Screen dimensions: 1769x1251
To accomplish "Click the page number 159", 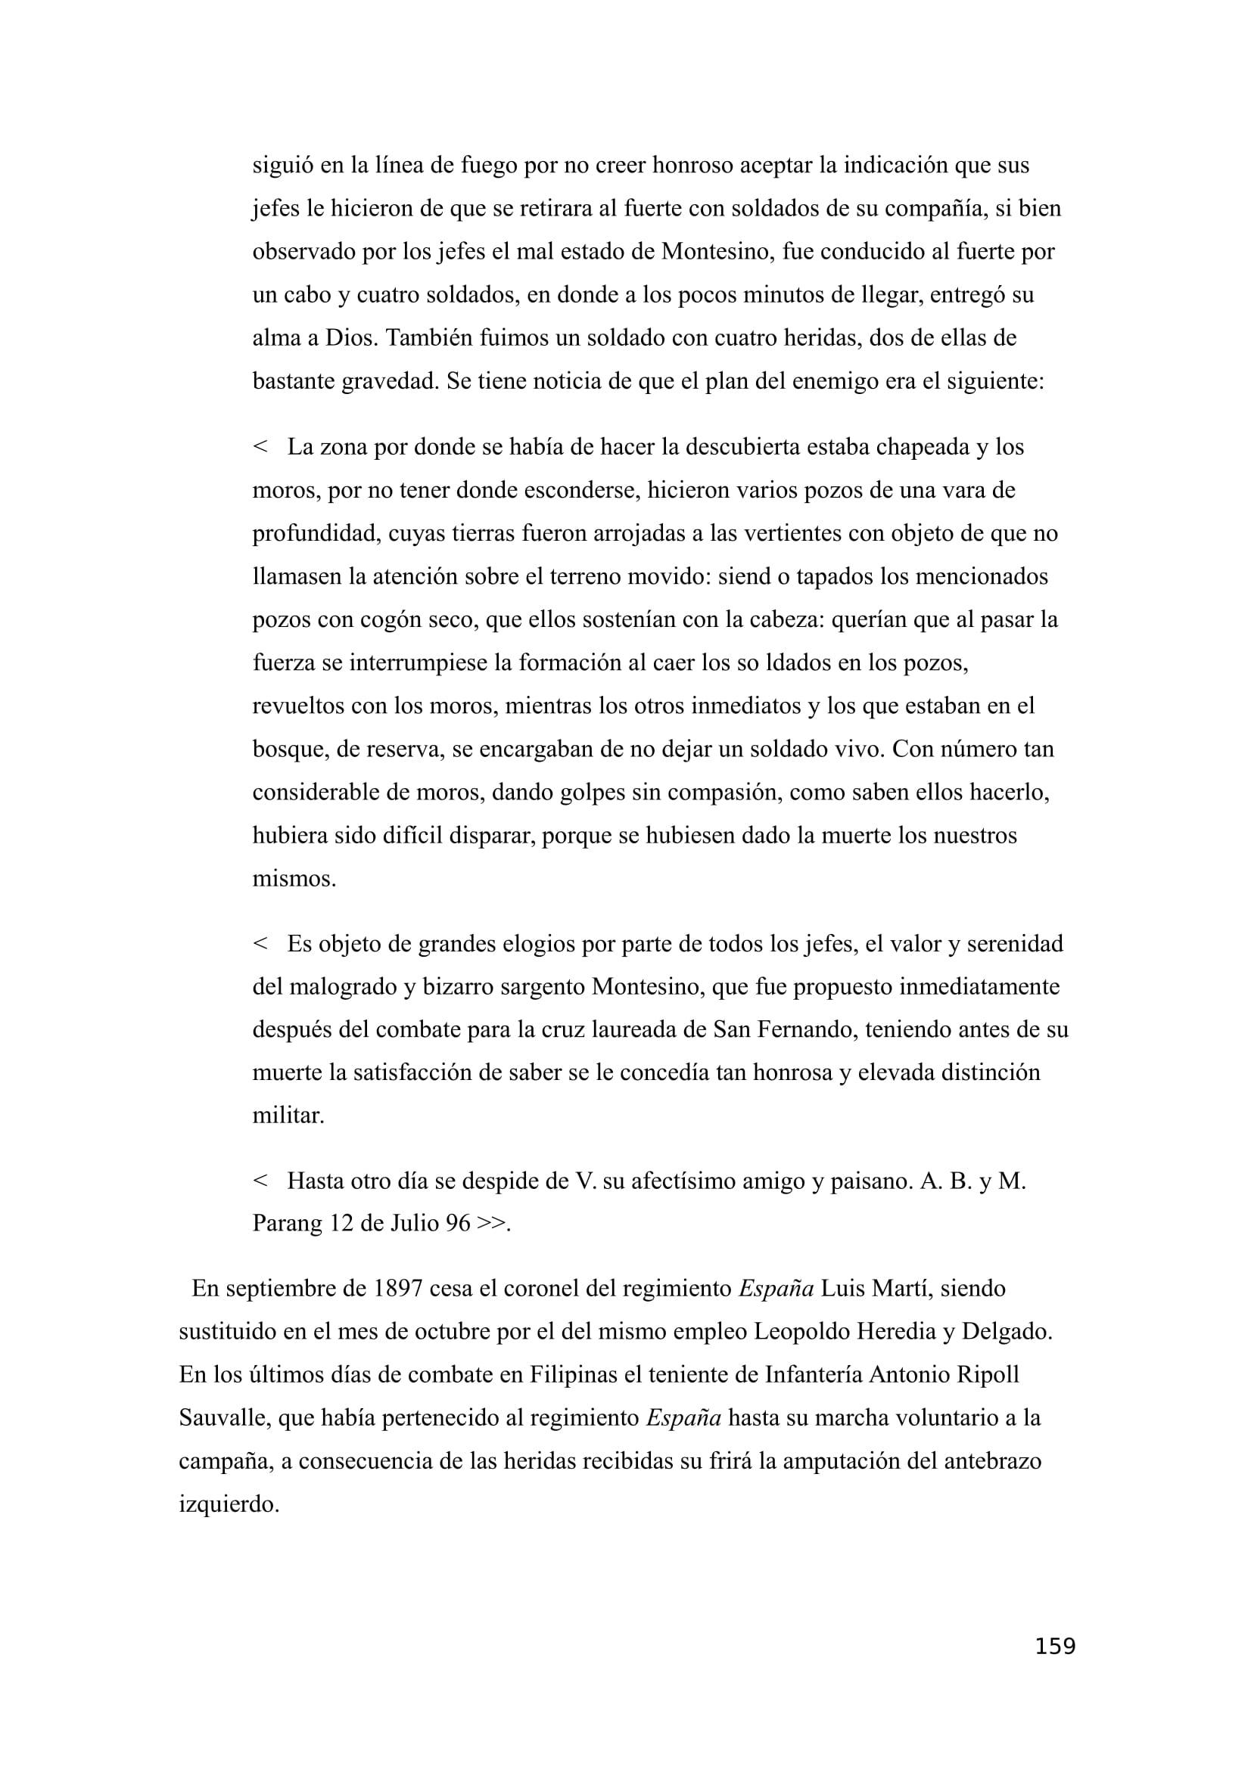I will coord(1054,1646).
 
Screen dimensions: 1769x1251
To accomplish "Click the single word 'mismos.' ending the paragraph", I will coord(294,878).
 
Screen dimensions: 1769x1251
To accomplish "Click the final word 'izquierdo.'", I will coord(228,1504).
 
